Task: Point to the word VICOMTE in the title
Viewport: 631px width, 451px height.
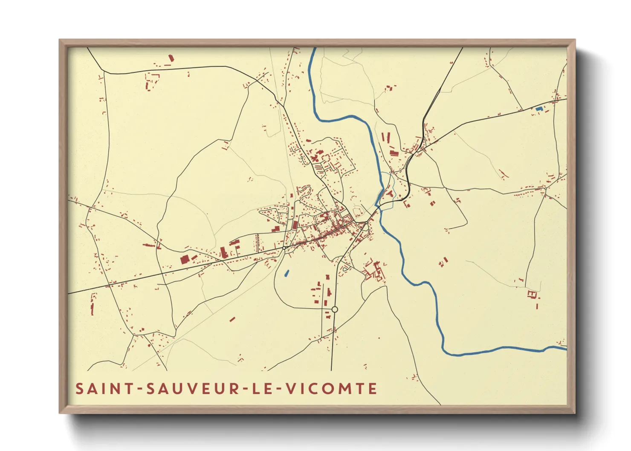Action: [x=331, y=389]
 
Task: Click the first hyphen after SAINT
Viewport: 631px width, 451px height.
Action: [x=139, y=389]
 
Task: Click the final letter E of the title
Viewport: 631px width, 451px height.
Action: [x=373, y=389]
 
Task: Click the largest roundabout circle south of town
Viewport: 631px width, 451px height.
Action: [x=335, y=309]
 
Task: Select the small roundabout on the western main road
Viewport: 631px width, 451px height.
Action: [x=284, y=248]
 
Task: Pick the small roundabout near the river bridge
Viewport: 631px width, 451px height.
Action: [x=366, y=222]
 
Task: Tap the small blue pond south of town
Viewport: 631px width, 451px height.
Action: [x=287, y=273]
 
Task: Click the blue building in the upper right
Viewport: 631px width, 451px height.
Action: [x=539, y=109]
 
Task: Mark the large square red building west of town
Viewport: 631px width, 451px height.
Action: [x=185, y=259]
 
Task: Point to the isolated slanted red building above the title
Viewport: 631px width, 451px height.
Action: [x=232, y=318]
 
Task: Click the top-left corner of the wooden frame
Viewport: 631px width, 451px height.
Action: [x=60, y=40]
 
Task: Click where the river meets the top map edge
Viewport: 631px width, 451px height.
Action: [x=314, y=48]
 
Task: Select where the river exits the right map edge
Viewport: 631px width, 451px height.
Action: [x=566, y=348]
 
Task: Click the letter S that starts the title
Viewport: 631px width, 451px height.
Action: [x=79, y=389]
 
